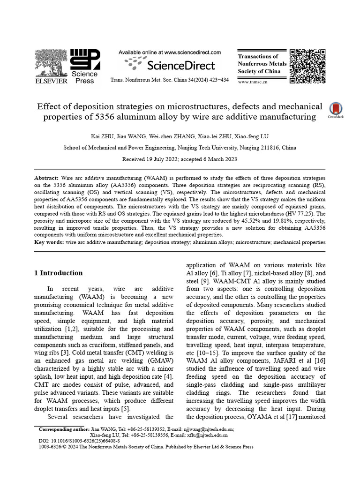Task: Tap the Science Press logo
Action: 84,66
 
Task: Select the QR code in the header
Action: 307,66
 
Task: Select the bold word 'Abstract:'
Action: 47,179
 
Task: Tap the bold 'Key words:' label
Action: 49,242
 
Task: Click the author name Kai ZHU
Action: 102,136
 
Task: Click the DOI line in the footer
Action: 79,441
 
